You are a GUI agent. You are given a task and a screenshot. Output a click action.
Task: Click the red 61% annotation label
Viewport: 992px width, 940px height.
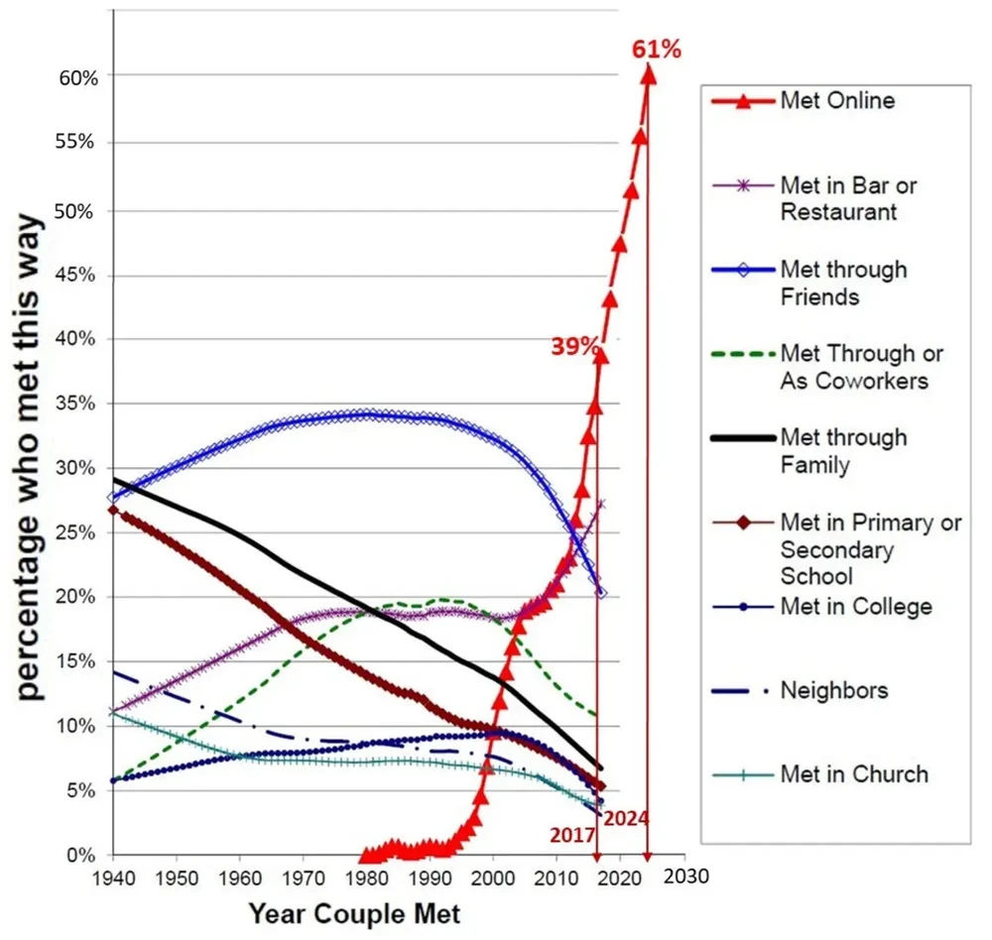pyautogui.click(x=657, y=48)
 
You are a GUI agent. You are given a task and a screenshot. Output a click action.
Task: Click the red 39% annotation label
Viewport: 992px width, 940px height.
pyautogui.click(x=575, y=346)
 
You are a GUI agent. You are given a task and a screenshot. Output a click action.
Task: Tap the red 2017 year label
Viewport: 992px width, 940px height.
pyautogui.click(x=570, y=836)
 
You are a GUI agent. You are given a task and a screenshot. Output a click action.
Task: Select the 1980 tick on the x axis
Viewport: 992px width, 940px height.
pyautogui.click(x=366, y=879)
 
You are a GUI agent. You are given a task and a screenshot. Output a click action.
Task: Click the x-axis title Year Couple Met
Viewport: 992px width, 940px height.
pyautogui.click(x=354, y=911)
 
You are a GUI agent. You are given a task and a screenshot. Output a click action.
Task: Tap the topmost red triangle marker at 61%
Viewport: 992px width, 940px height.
pyautogui.click(x=648, y=73)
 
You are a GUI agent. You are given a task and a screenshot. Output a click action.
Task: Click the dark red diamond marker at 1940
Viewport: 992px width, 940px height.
pyautogui.click(x=113, y=510)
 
